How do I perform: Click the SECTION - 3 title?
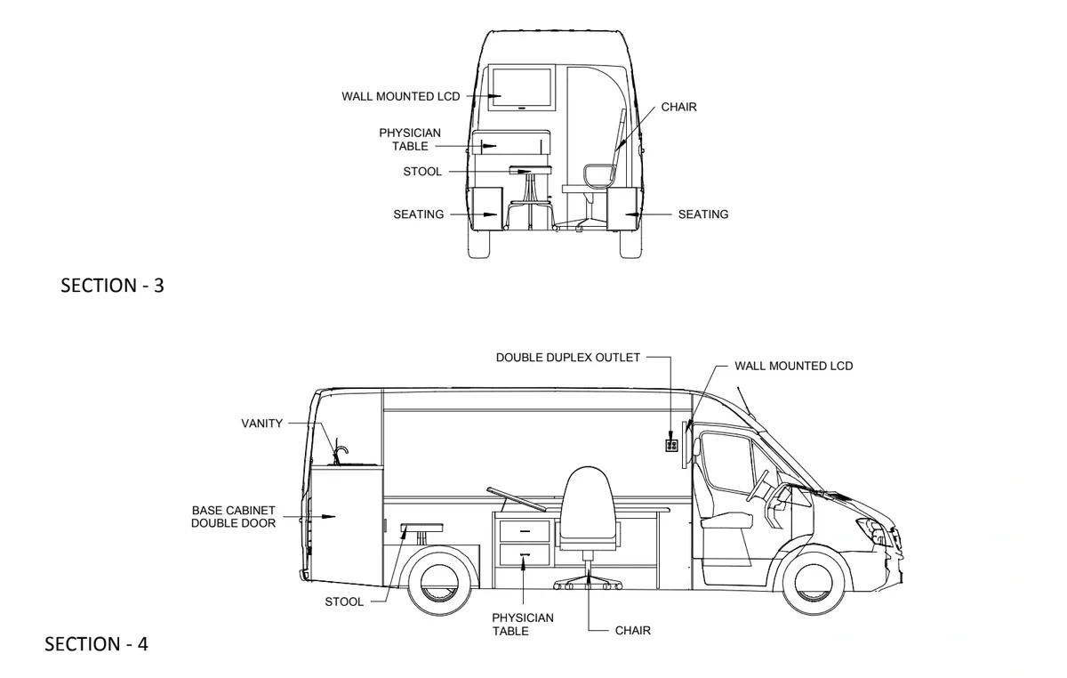click(x=112, y=287)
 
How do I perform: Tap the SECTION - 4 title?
click(x=96, y=644)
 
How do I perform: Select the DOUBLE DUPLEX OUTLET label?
click(x=567, y=358)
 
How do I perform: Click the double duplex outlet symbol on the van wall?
click(x=671, y=444)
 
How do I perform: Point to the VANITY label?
click(x=261, y=424)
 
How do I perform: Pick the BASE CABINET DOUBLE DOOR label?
click(x=234, y=517)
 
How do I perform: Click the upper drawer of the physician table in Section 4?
click(x=522, y=530)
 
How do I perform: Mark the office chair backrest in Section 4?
click(x=588, y=503)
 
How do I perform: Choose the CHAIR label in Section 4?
click(x=633, y=631)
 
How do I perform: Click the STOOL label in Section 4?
click(x=344, y=601)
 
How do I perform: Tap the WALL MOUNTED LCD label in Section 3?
click(x=401, y=96)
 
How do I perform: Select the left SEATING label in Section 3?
click(x=419, y=214)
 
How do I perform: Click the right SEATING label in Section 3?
click(x=702, y=214)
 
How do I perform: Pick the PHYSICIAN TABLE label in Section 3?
click(x=410, y=140)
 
